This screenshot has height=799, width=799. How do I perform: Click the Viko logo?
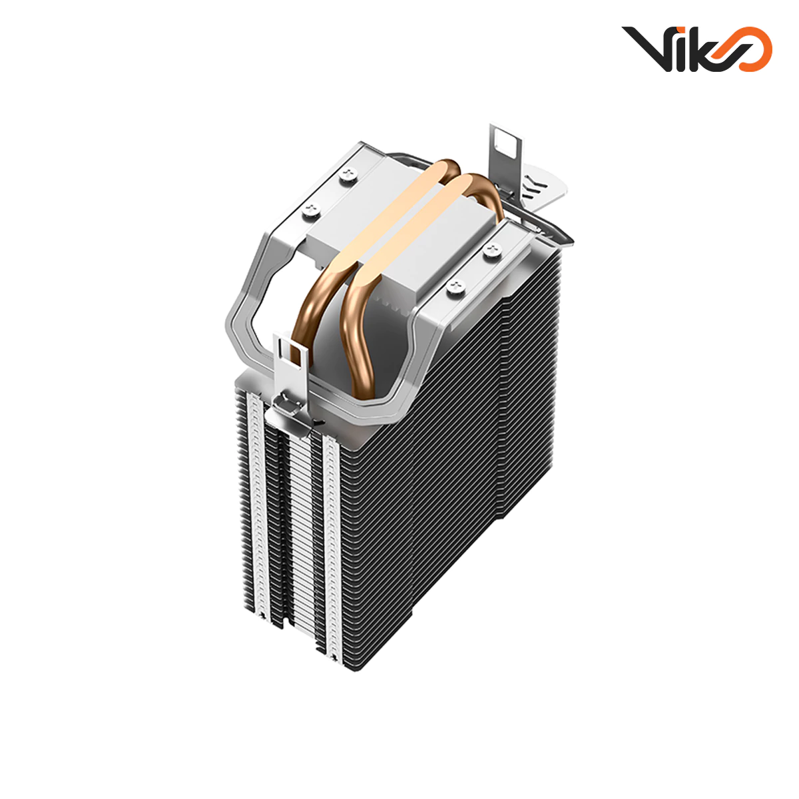click(696, 48)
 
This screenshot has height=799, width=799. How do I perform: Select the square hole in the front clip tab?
click(290, 348)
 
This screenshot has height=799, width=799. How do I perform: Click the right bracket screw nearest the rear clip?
click(492, 249)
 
